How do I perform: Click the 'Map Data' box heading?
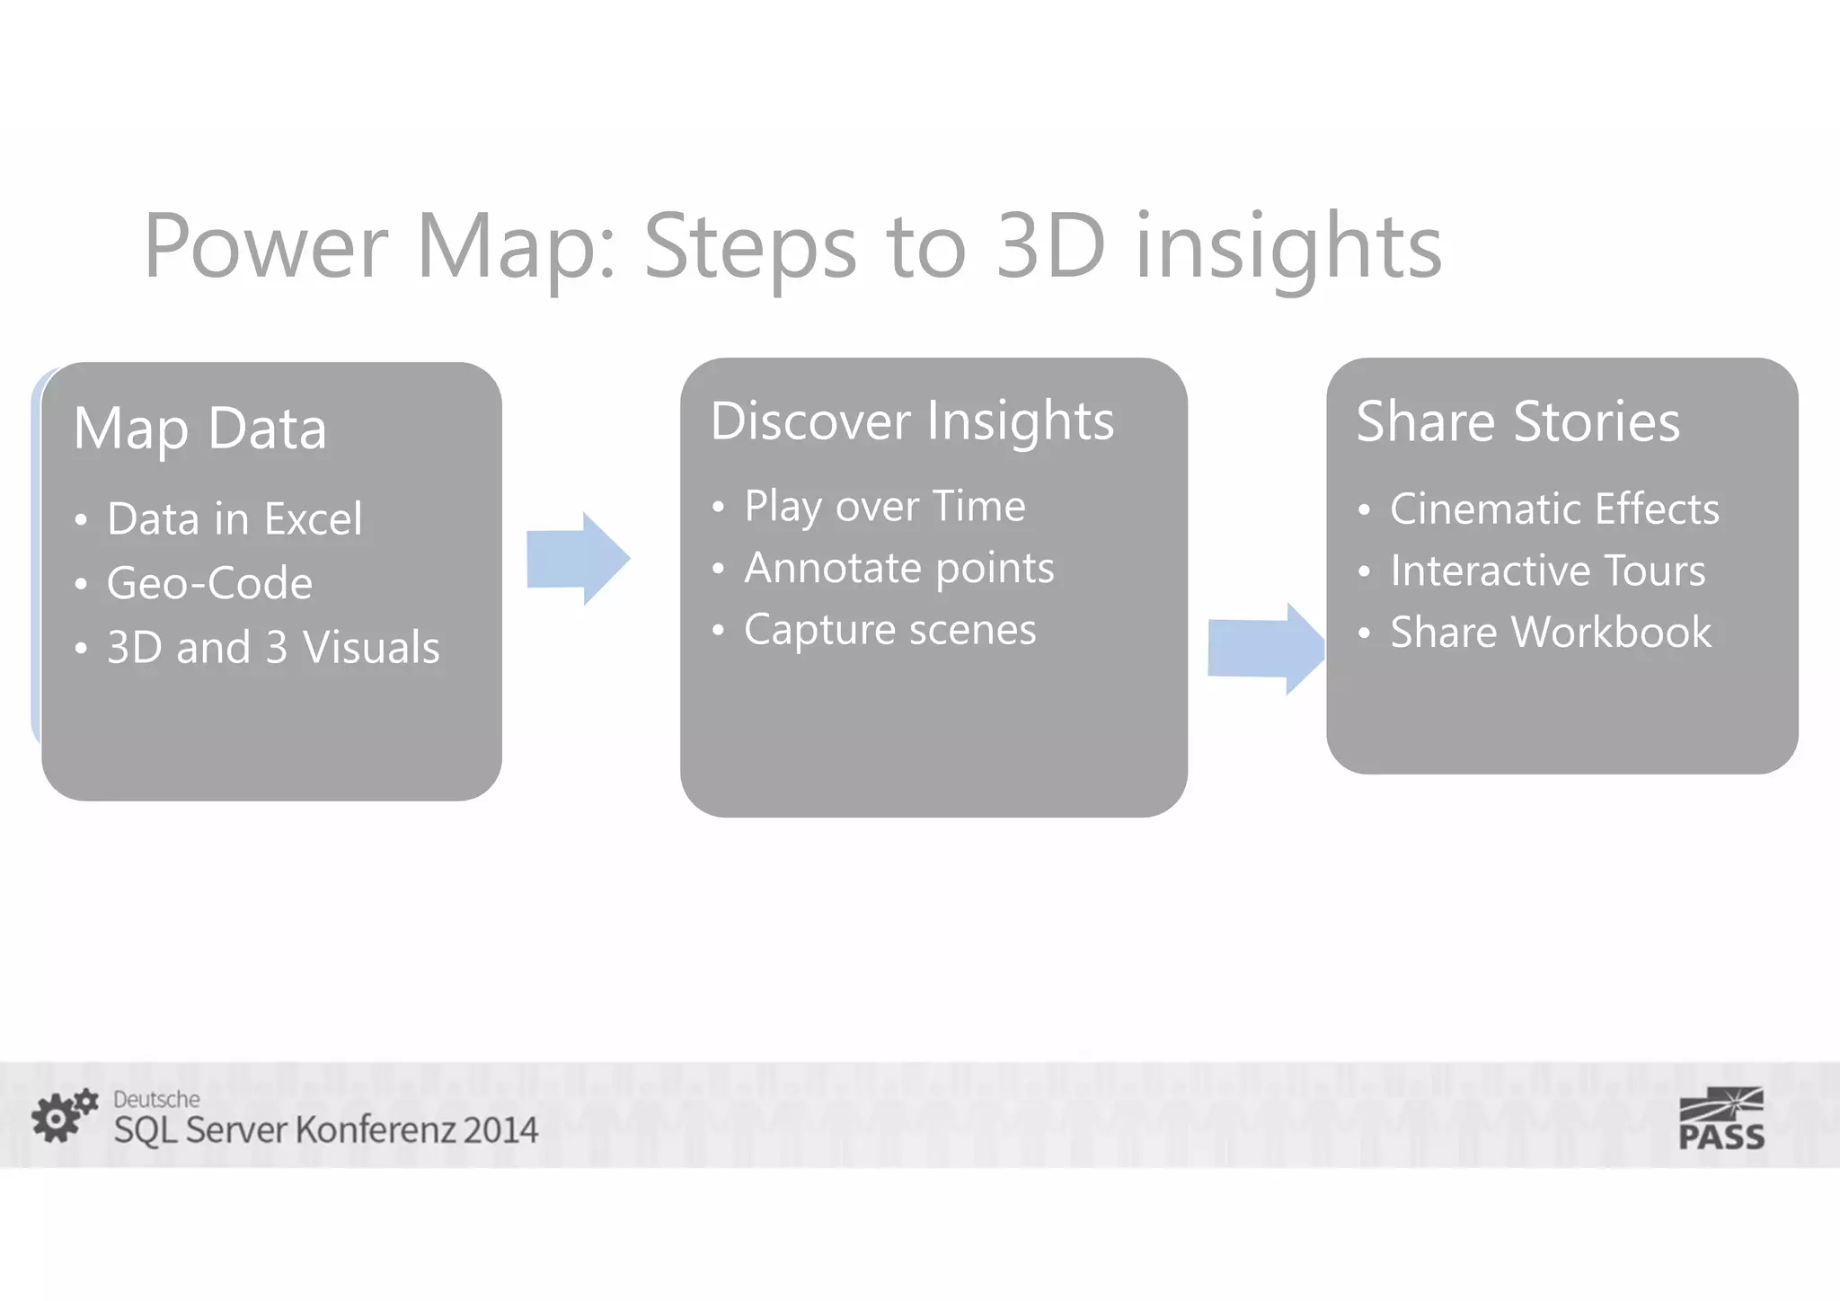point(199,429)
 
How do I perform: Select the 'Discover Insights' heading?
point(911,421)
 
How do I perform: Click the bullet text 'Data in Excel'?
point(234,519)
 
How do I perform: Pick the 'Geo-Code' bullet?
point(209,583)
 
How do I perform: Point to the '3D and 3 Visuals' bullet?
point(273,647)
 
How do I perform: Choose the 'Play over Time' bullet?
point(884,506)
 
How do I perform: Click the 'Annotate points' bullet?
point(898,568)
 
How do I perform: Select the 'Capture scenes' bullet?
point(889,630)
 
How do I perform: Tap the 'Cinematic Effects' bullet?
point(1554,509)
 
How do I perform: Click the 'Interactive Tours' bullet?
point(1547,571)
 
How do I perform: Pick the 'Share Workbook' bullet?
point(1551,633)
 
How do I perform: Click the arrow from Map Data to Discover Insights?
point(577,558)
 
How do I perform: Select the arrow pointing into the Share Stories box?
point(1264,648)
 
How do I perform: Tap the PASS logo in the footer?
point(1721,1119)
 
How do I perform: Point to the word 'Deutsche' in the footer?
point(156,1099)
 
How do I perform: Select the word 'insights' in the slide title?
point(1288,246)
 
